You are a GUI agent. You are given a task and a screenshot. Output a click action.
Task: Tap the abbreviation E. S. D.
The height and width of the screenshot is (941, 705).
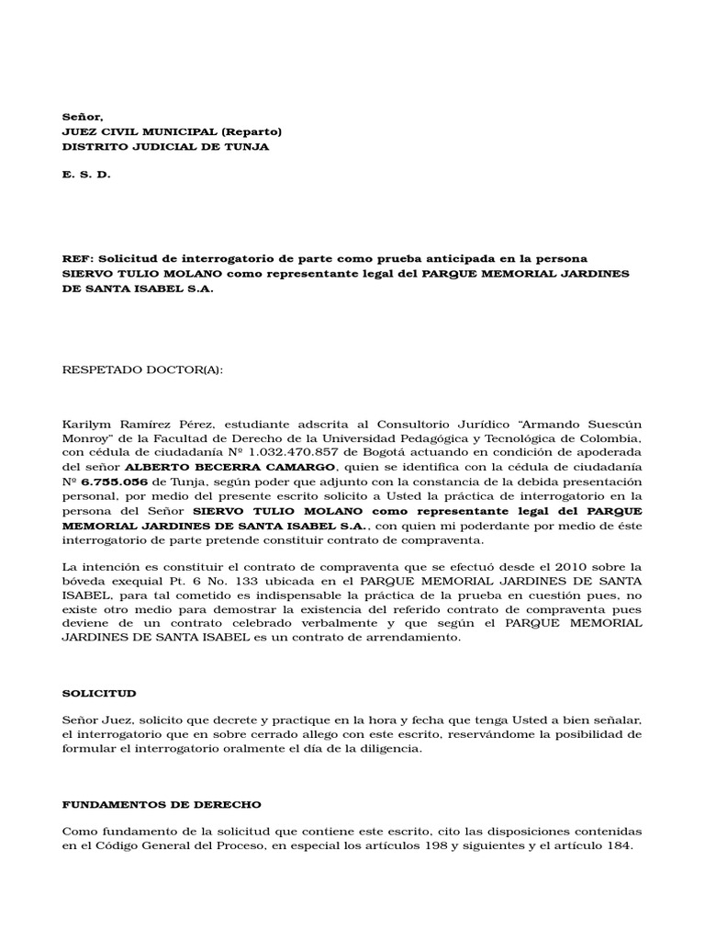click(86, 175)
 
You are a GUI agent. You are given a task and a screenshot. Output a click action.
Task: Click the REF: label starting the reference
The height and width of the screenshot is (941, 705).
click(77, 257)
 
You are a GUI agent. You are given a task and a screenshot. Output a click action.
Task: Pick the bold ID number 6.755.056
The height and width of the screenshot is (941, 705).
click(114, 482)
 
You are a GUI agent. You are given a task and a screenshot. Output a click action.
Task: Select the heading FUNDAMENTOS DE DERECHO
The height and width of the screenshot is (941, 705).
click(162, 804)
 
